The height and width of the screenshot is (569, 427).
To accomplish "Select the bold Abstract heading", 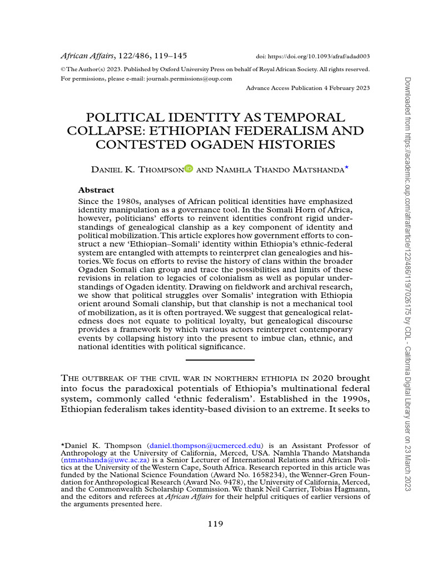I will click(96, 189).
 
